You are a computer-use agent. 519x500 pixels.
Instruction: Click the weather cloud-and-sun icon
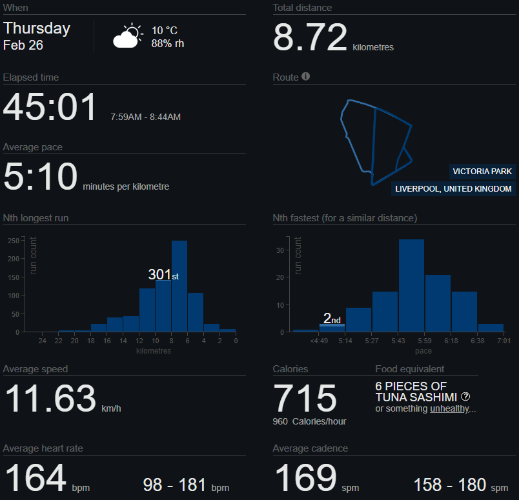tap(127, 37)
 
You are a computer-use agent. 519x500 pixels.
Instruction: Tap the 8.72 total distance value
tap(310, 37)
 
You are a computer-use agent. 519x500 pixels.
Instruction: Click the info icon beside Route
tap(306, 76)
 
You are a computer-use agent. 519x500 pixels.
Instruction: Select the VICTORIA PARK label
tap(482, 172)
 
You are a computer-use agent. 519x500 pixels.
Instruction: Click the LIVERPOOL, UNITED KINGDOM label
tap(453, 189)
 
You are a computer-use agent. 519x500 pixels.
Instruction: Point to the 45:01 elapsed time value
tap(50, 107)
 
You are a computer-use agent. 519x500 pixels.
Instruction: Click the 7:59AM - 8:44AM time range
tap(145, 117)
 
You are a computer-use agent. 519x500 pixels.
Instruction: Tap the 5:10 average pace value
tap(40, 177)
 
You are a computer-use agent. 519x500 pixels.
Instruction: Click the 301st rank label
tap(163, 275)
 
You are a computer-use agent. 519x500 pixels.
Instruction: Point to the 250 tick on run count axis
tap(12, 241)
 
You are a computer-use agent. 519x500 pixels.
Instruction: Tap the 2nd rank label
tap(332, 319)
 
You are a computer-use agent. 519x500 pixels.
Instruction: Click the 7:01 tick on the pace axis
tap(503, 341)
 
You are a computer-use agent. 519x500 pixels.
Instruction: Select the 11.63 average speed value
tap(50, 399)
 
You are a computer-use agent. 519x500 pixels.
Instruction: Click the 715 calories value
tap(305, 399)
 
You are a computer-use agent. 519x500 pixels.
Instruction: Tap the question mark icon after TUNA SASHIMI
tap(465, 397)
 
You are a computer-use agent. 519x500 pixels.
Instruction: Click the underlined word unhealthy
tap(449, 409)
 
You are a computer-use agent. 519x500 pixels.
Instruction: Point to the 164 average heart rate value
tap(36, 478)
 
